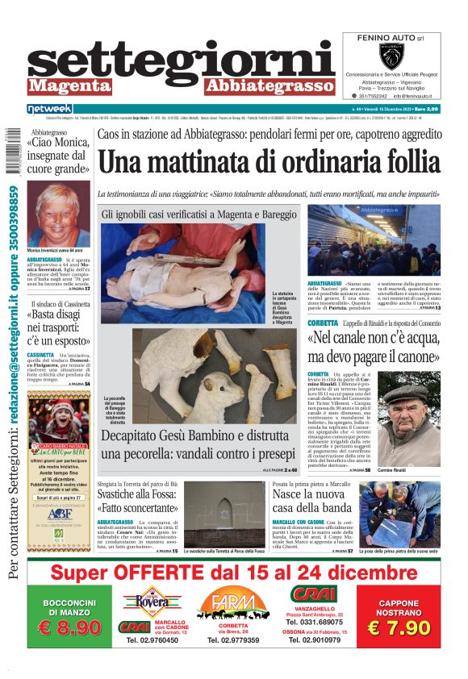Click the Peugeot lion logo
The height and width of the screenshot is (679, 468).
(391, 56)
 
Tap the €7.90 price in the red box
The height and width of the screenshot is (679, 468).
(398, 627)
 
